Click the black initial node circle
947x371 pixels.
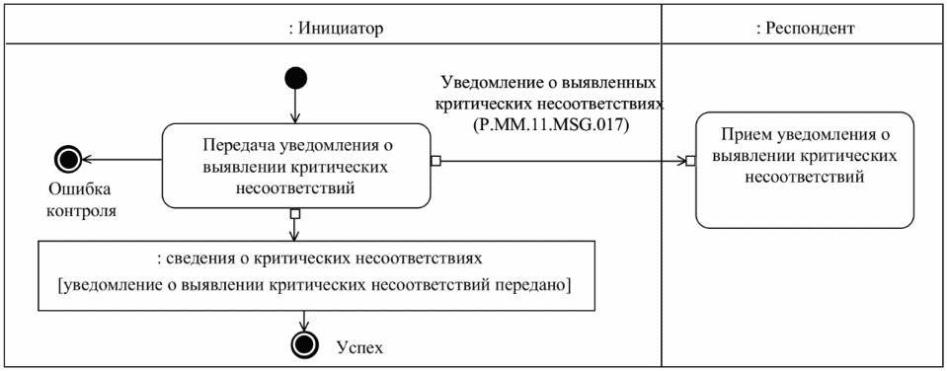click(294, 76)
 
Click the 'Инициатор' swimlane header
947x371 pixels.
click(330, 28)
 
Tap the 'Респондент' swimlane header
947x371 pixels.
click(803, 28)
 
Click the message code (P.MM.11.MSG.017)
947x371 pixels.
click(548, 126)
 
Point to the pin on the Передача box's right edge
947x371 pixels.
click(435, 162)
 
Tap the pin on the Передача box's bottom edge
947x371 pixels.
click(294, 213)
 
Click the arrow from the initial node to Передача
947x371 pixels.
click(294, 104)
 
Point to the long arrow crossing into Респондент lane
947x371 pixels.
click(563, 162)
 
